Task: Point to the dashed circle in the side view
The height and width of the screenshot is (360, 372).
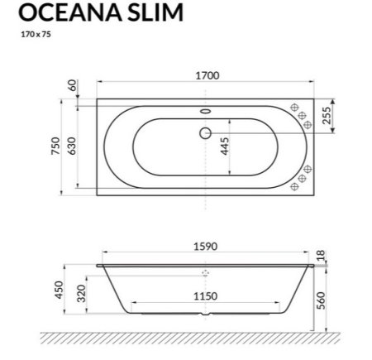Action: point(206,272)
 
